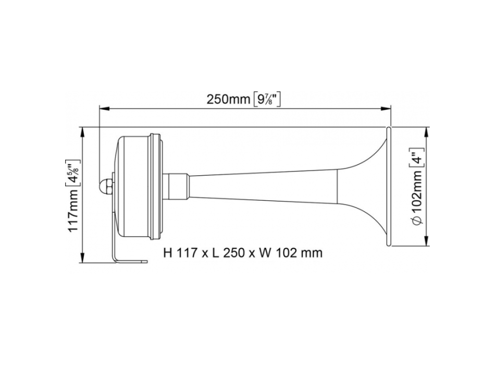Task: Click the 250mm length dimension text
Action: coord(228,99)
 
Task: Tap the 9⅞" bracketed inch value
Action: coord(267,99)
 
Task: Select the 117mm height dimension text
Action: coord(73,211)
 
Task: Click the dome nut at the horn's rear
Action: coord(105,185)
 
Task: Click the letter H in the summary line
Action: coord(167,253)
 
